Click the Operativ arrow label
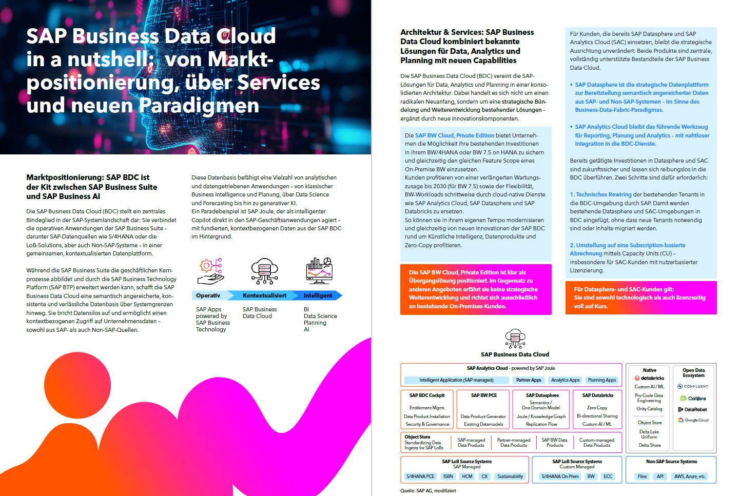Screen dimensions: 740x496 click(208, 295)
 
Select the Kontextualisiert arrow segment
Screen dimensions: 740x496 click(264, 295)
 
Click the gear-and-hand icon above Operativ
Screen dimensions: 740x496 click(211, 271)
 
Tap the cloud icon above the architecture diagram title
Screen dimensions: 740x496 click(515, 339)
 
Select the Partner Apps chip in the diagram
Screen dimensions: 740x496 click(529, 380)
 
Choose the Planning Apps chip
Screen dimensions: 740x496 click(602, 380)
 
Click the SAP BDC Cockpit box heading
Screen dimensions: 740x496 click(427, 395)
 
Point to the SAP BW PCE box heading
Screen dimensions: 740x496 click(484, 395)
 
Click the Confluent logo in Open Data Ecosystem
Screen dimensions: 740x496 click(693, 386)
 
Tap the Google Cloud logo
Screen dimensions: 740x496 click(693, 420)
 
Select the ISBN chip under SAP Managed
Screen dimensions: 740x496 click(448, 477)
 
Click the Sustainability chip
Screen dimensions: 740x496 click(510, 477)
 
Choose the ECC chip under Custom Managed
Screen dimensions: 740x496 click(608, 477)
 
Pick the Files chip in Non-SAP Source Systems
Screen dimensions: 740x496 click(642, 477)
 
